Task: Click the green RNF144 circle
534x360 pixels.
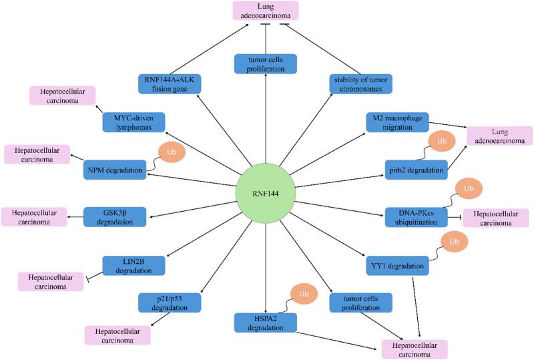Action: pyautogui.click(x=266, y=193)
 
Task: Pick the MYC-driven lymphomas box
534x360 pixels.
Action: pyautogui.click(x=134, y=122)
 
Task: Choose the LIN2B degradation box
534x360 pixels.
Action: pyautogui.click(x=133, y=265)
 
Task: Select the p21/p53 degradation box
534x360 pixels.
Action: pyautogui.click(x=169, y=303)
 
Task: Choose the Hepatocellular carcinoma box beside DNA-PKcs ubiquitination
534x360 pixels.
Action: pyautogui.click(x=496, y=218)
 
